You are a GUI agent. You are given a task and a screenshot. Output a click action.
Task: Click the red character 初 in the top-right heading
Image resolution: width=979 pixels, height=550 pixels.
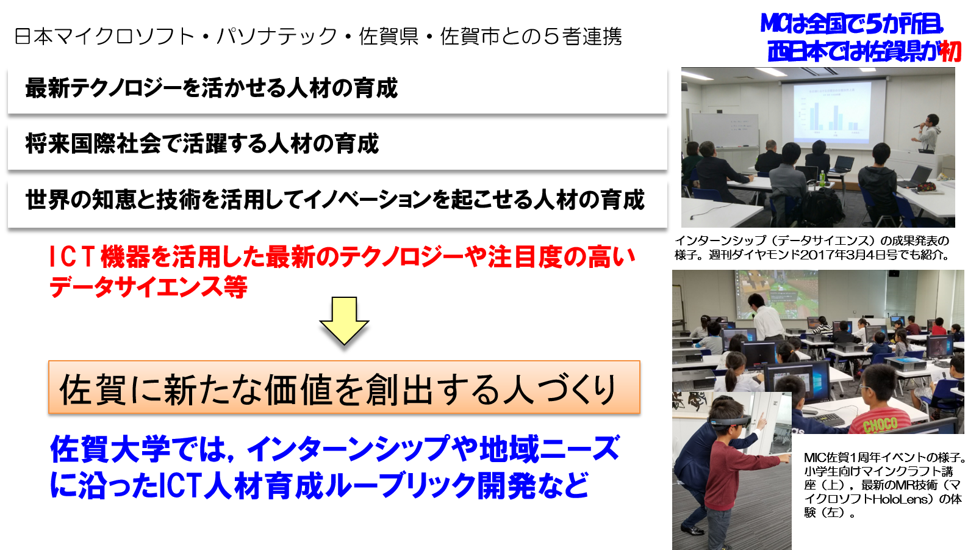[x=950, y=52]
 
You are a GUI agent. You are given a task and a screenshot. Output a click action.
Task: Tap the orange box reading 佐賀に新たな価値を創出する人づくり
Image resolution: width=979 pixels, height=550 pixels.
[x=345, y=387]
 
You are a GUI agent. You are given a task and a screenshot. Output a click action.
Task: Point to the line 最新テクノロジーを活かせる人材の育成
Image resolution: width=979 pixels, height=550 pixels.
[x=212, y=88]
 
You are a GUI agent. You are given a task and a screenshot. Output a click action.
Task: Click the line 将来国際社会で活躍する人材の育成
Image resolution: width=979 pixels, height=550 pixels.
[x=202, y=143]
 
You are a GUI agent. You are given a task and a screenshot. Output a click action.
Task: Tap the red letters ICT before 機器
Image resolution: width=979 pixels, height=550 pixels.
[x=72, y=257]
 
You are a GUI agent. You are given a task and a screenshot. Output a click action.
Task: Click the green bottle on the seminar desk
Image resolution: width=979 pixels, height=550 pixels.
[x=822, y=177]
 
